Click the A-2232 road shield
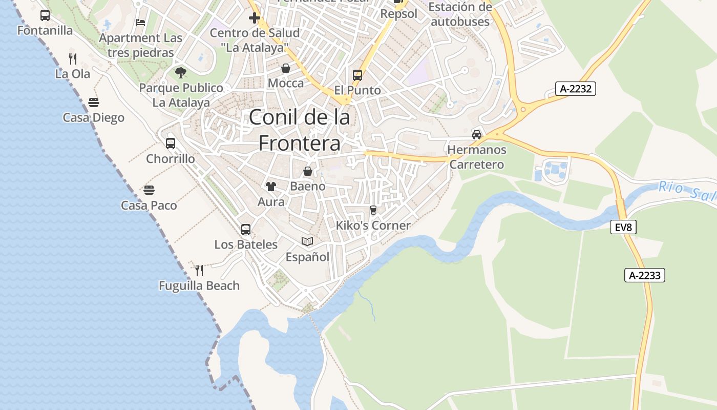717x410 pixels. (x=576, y=89)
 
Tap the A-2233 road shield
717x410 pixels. (x=644, y=275)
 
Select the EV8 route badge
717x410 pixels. (x=623, y=227)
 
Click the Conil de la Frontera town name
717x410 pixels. (x=300, y=130)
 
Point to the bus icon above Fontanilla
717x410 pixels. (x=45, y=15)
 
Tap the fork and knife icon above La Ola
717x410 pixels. (x=73, y=58)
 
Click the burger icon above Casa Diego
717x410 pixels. (x=93, y=102)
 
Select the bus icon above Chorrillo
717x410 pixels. (x=171, y=143)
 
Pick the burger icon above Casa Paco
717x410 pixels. (x=149, y=190)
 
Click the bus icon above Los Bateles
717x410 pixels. (x=246, y=229)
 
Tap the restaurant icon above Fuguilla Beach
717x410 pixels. (x=199, y=270)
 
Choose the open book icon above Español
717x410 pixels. (x=307, y=241)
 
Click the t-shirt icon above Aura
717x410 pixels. (x=270, y=187)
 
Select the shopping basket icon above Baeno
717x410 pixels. (x=308, y=171)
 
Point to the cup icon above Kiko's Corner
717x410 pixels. (x=373, y=210)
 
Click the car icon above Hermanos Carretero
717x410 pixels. (x=477, y=134)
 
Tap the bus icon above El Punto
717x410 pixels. (x=357, y=75)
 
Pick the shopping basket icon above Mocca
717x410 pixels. (x=286, y=68)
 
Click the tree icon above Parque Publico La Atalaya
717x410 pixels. (x=181, y=73)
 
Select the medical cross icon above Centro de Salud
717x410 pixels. (x=255, y=18)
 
